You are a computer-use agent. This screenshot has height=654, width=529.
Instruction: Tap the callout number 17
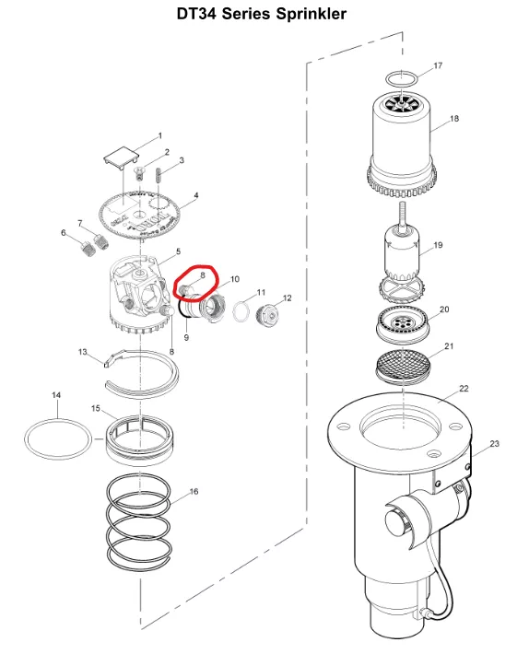(x=438, y=65)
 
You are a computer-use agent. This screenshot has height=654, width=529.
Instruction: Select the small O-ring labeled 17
(x=401, y=79)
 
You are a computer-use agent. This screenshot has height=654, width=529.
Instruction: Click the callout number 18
(x=454, y=119)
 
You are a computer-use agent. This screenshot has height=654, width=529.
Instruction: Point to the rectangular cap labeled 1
(x=122, y=158)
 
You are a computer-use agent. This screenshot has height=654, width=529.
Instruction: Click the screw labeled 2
(x=139, y=172)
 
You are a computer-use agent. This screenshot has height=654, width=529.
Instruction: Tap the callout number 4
(x=196, y=194)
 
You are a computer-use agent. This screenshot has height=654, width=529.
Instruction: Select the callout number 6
(x=64, y=232)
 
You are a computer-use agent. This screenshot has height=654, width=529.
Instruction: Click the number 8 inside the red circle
(x=203, y=274)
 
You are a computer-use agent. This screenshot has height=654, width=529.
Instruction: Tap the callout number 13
(x=83, y=352)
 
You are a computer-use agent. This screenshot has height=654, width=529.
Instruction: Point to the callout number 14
(x=56, y=394)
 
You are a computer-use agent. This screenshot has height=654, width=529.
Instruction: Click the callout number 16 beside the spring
(x=194, y=491)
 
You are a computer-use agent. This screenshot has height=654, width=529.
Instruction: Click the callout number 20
(x=444, y=309)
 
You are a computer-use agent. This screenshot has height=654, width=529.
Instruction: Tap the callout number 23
(x=494, y=443)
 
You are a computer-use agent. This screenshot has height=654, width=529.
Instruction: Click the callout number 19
(x=438, y=245)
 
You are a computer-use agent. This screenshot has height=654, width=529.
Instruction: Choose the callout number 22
(x=464, y=389)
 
